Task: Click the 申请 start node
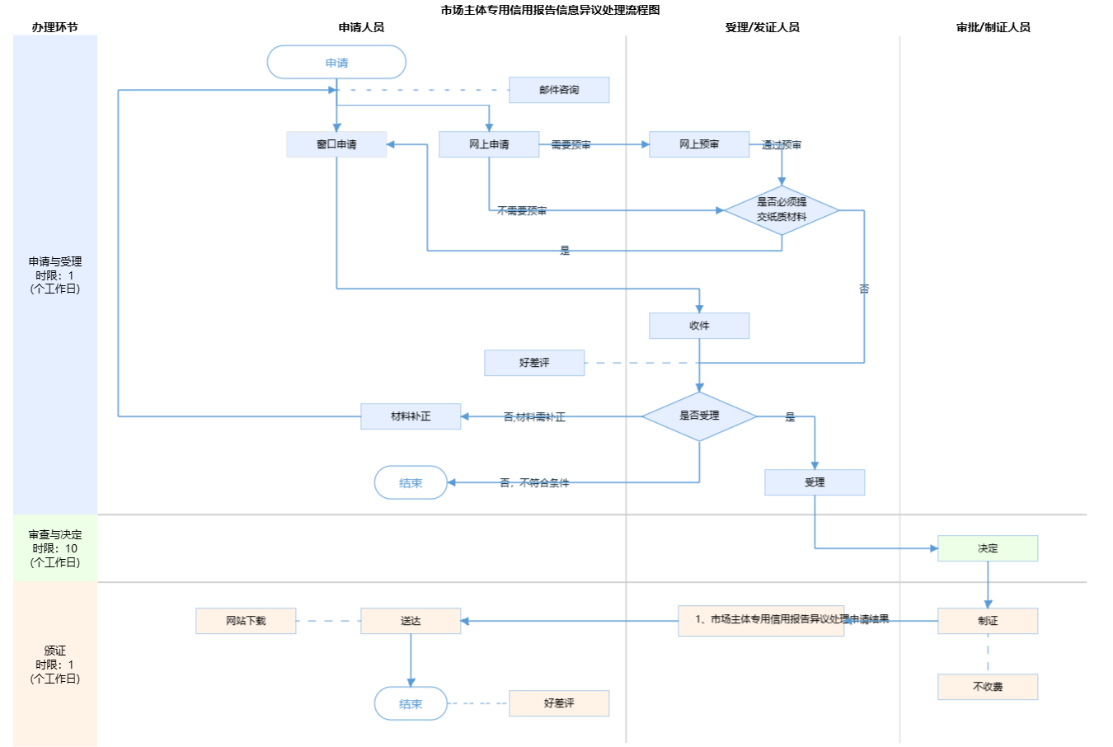click(x=336, y=63)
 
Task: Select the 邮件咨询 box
click(x=559, y=90)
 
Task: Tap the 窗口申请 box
click(x=336, y=144)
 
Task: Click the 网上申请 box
click(x=489, y=144)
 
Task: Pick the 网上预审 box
click(x=699, y=144)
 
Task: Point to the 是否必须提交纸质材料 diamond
click(x=782, y=209)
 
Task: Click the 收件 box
click(x=699, y=326)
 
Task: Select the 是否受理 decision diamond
click(x=699, y=416)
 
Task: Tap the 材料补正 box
click(x=411, y=416)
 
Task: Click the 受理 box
click(x=815, y=482)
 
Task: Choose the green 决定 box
click(x=988, y=548)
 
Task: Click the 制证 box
click(x=988, y=621)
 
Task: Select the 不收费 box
click(x=988, y=687)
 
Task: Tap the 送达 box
click(x=411, y=621)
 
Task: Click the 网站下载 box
click(x=246, y=621)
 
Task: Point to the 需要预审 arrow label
click(x=571, y=145)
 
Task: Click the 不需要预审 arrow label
click(x=522, y=211)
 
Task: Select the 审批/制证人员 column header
click(x=993, y=27)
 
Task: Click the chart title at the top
click(x=550, y=10)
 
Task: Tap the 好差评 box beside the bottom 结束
click(x=559, y=703)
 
